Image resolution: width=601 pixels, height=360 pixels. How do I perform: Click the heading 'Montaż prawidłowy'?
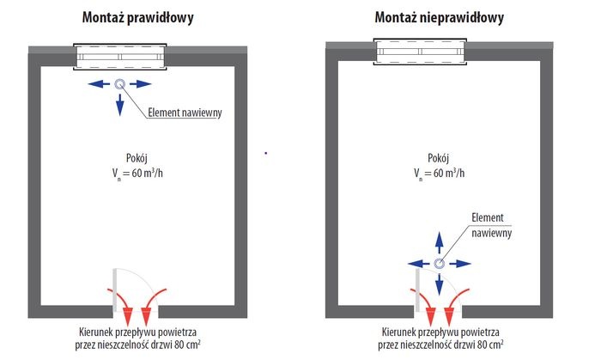(x=137, y=18)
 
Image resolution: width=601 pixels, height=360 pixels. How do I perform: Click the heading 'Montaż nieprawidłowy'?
(x=440, y=18)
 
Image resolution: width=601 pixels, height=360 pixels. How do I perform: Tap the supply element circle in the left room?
(x=120, y=84)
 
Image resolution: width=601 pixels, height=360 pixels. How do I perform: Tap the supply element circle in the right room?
(x=440, y=264)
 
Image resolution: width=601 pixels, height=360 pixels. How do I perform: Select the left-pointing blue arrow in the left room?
(x=99, y=84)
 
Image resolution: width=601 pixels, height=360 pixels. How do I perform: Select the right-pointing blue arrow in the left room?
(x=141, y=84)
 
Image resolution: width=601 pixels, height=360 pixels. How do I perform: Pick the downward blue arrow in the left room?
(x=120, y=105)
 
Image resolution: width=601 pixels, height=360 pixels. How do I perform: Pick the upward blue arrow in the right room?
(x=440, y=242)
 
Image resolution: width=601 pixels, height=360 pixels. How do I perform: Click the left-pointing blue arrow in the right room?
(x=419, y=264)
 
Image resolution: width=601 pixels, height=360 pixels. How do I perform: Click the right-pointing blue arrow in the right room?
(x=460, y=264)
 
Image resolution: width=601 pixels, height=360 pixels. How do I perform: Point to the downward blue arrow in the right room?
(x=440, y=284)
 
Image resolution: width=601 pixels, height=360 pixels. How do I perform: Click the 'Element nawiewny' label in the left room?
(x=185, y=113)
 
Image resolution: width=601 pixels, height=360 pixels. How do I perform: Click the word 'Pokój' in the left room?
(x=137, y=157)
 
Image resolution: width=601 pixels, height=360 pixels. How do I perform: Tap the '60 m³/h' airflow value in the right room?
(x=449, y=173)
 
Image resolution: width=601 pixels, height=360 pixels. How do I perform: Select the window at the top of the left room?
(x=120, y=57)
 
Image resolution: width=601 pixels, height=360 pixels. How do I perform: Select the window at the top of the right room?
(x=420, y=52)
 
